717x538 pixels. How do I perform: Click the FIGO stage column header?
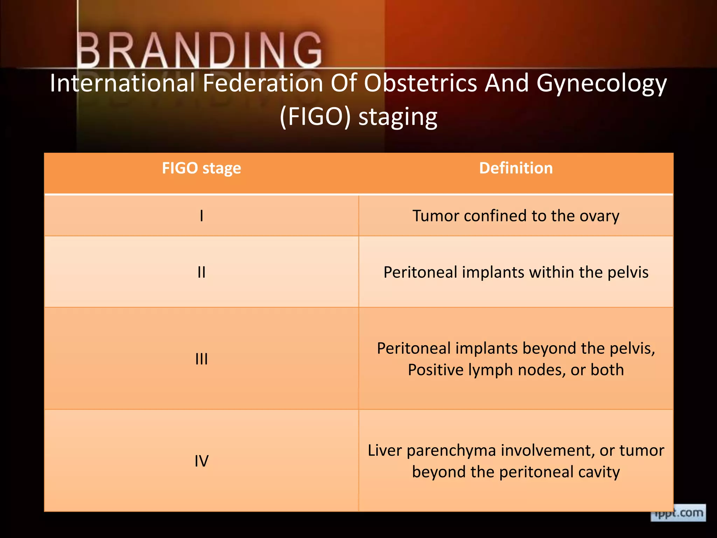point(201,168)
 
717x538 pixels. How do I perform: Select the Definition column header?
point(516,168)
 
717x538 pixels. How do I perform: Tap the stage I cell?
point(201,216)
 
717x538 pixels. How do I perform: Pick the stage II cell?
point(201,272)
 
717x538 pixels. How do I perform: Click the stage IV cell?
point(201,461)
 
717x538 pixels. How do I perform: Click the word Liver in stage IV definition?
point(385,450)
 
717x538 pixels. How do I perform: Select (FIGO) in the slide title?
point(315,117)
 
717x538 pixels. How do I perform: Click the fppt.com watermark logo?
point(678,513)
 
